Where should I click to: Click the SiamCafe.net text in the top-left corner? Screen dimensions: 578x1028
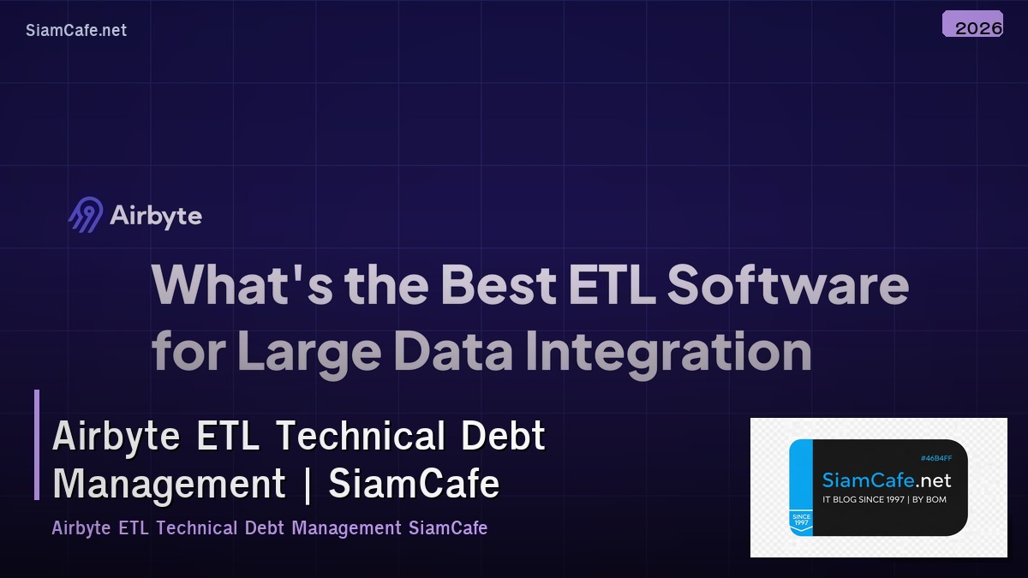click(x=76, y=30)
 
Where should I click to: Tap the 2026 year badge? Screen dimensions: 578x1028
click(x=973, y=27)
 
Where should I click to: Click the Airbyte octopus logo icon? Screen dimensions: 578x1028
click(x=86, y=215)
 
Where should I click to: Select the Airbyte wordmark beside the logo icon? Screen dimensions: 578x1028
click(x=156, y=216)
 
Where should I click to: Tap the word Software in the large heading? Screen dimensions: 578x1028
click(x=788, y=285)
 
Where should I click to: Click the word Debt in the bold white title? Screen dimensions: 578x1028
click(x=504, y=436)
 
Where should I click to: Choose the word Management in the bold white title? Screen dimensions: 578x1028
click(x=169, y=484)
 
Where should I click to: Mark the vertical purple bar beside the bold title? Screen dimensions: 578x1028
click(x=37, y=444)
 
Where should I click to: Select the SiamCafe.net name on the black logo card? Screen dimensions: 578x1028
click(x=886, y=480)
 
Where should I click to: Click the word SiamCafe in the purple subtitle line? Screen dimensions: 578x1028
click(x=448, y=527)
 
